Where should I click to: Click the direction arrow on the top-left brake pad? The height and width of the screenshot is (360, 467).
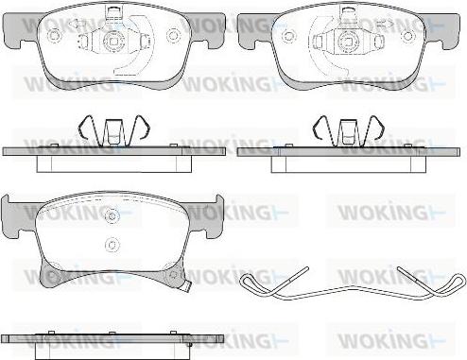78,24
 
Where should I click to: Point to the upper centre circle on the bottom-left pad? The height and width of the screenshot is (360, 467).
112,215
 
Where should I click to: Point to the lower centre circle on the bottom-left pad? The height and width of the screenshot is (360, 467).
112,244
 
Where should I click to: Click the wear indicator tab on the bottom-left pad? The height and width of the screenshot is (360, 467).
188,286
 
